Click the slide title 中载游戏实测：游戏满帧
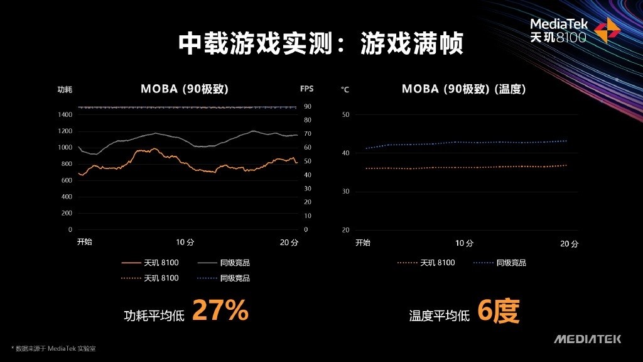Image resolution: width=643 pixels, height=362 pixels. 321,43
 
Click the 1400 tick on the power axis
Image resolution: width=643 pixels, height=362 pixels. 65,115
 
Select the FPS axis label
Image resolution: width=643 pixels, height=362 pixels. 306,89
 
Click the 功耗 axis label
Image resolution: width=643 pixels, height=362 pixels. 65,89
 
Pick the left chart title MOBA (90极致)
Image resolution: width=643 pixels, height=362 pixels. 185,89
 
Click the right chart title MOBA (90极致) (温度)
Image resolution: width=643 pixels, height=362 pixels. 463,89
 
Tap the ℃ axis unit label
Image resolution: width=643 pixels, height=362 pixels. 345,89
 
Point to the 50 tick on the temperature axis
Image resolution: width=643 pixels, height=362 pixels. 345,115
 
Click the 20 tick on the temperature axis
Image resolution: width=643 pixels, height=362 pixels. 345,230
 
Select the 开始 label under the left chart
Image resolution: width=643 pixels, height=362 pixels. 84,242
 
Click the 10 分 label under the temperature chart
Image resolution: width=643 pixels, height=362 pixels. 464,243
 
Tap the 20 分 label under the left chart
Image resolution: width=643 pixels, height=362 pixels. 289,243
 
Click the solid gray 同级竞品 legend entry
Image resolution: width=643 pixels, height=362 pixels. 227,263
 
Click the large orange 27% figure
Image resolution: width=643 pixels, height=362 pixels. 220,311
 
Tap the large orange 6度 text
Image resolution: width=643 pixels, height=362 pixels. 499,312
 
